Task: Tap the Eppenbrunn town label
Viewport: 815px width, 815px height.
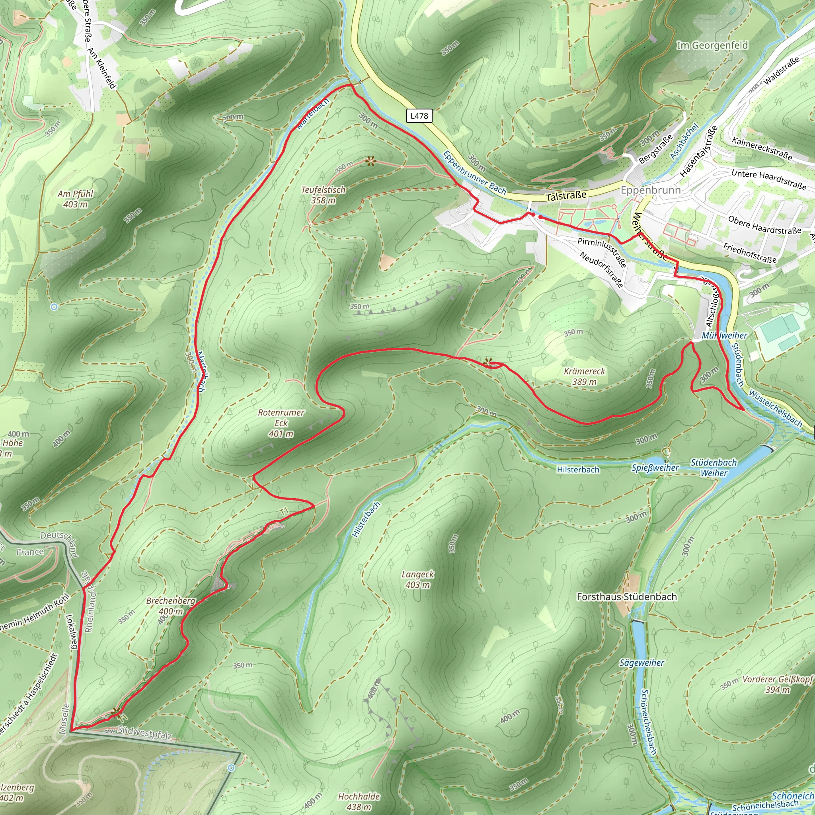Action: tap(651, 190)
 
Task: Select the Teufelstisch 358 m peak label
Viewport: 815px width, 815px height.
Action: tap(323, 195)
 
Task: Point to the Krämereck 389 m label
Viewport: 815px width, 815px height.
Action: tap(584, 376)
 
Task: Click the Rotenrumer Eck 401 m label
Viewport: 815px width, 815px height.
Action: tap(281, 423)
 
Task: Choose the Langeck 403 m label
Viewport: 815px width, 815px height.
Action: tap(417, 579)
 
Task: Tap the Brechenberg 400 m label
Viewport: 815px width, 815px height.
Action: tap(171, 606)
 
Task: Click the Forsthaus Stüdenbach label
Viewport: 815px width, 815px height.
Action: tap(626, 597)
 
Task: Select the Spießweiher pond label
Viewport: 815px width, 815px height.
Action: tap(655, 468)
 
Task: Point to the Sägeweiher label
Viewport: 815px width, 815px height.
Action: tap(641, 663)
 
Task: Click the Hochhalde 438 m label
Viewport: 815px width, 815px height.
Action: tap(359, 801)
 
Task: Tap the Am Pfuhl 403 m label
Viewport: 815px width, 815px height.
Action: tap(75, 199)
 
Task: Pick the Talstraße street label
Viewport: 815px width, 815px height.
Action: tap(566, 196)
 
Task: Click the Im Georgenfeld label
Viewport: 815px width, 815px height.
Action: tap(712, 45)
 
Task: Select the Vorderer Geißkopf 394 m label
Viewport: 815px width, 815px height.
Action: tap(777, 684)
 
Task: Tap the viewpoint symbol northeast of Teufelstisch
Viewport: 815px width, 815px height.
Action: tap(370, 161)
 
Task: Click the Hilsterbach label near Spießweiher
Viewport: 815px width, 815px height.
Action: tap(578, 470)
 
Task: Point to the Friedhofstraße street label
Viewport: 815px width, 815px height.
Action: tap(750, 253)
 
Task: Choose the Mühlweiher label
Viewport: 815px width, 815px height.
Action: tap(724, 335)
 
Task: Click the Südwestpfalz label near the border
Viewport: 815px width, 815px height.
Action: tap(145, 733)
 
